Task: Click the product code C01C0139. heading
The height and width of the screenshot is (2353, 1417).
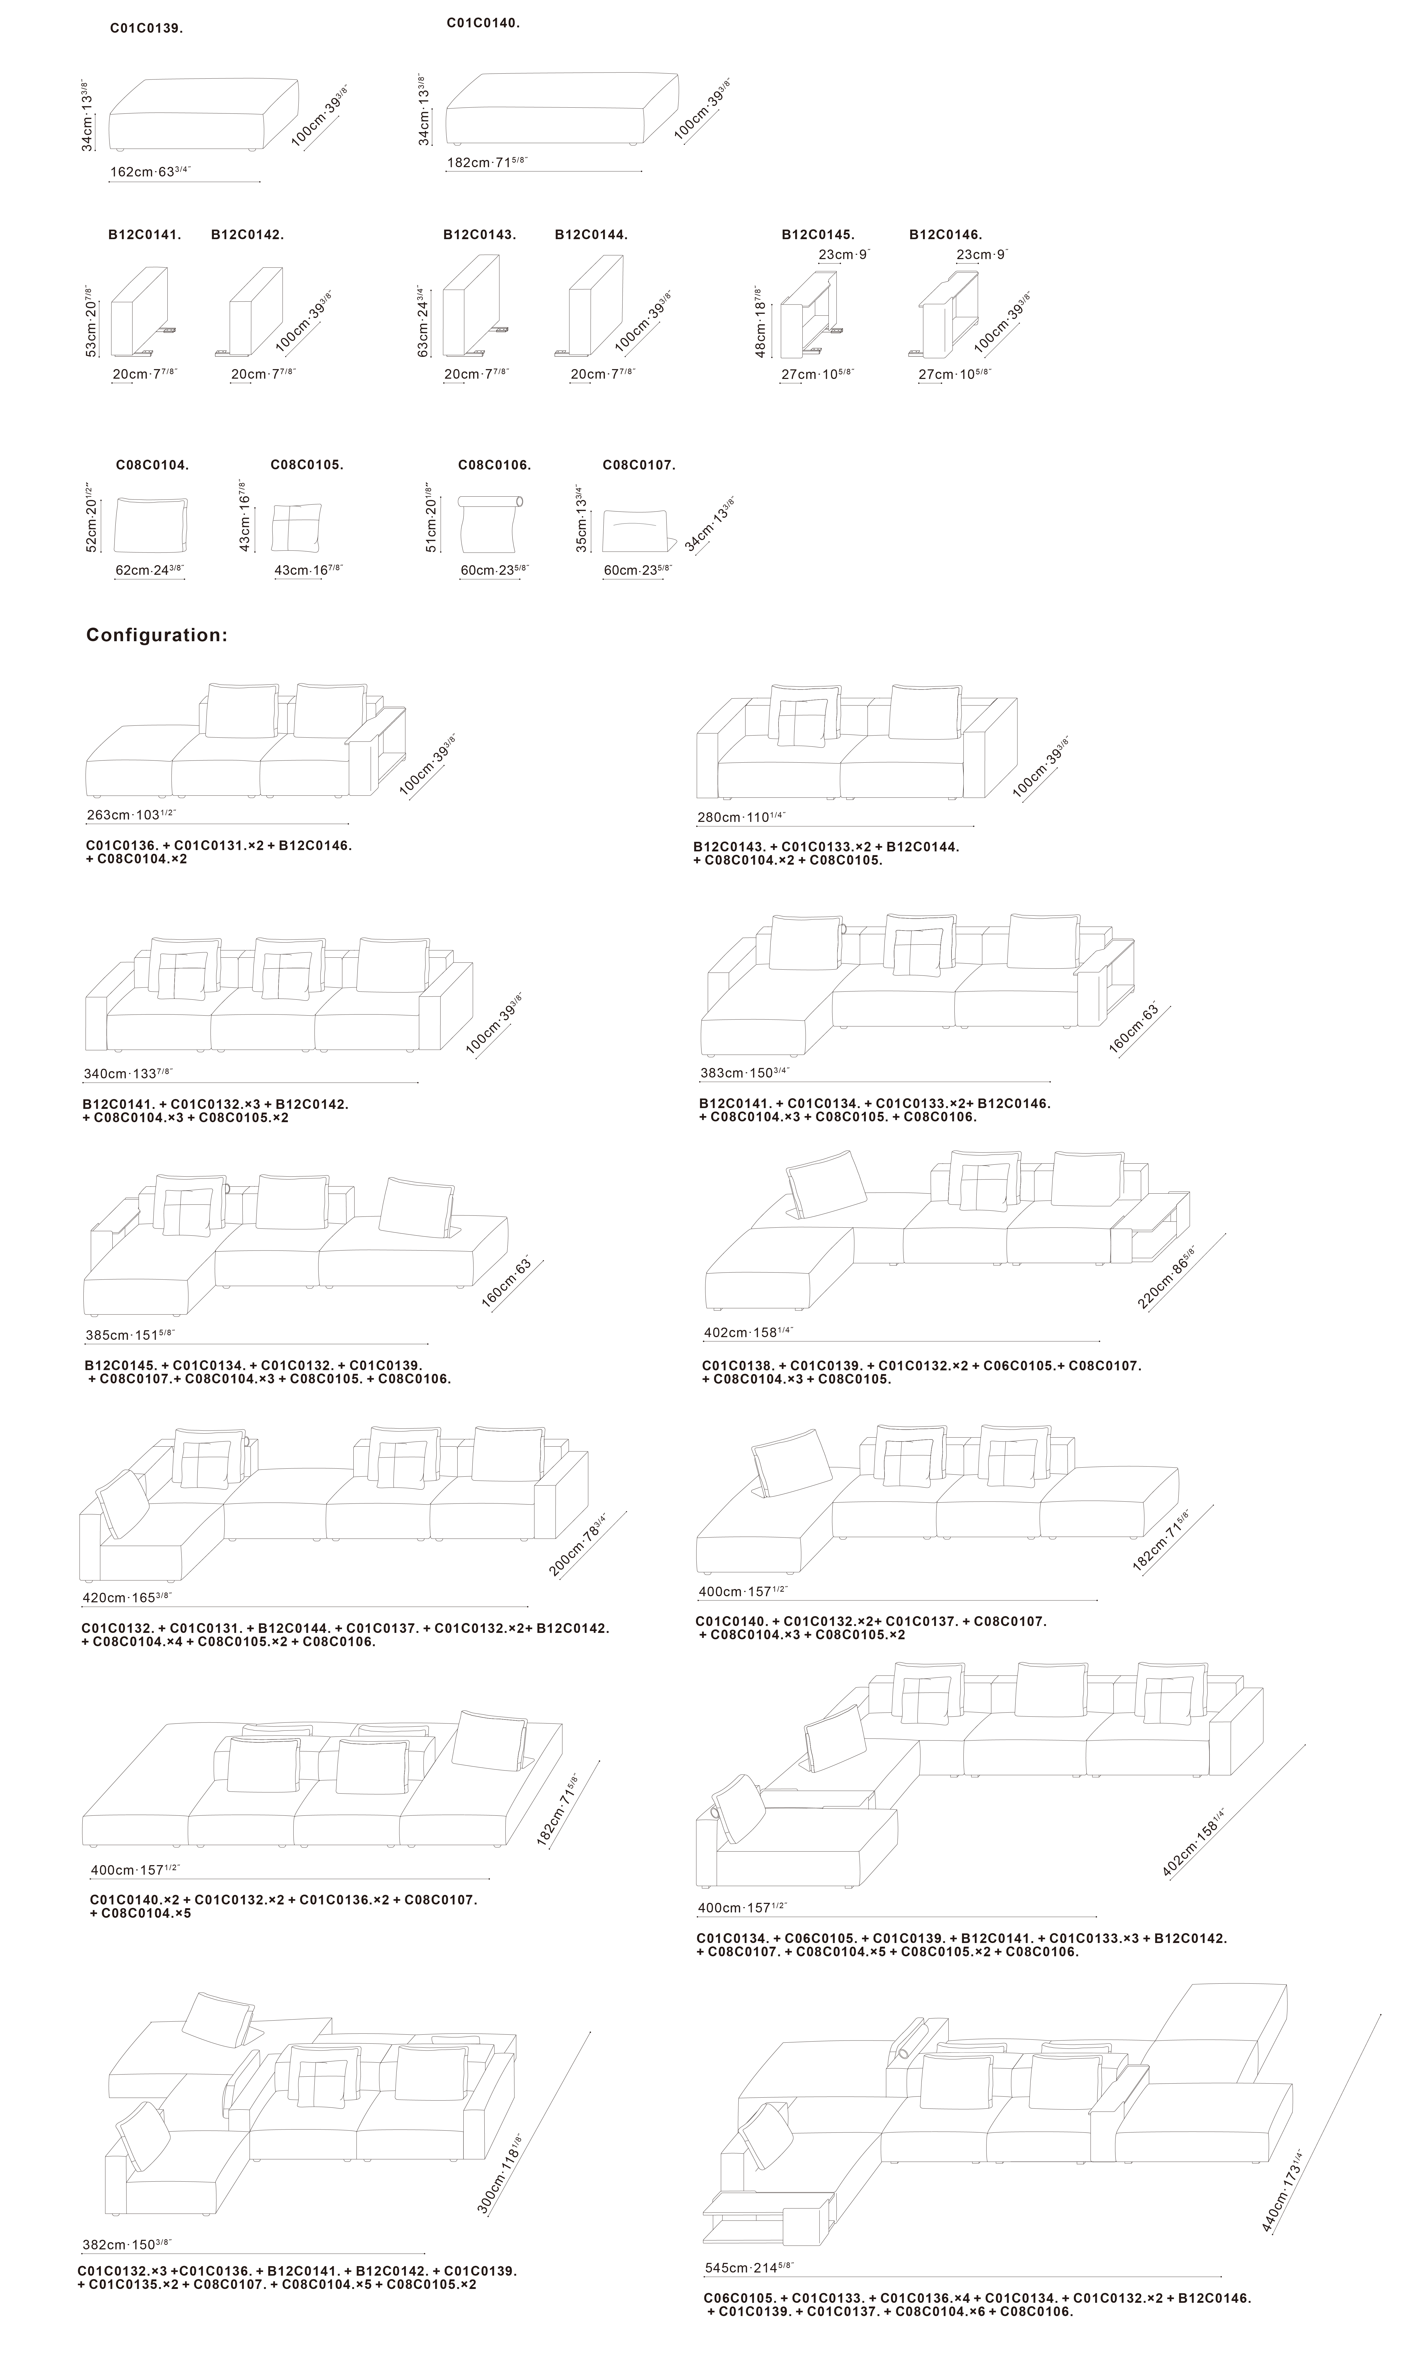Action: (146, 29)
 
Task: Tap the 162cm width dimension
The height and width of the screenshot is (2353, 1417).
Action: (150, 172)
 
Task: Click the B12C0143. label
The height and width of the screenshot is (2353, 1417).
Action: (479, 234)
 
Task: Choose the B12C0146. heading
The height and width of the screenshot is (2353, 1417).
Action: (945, 234)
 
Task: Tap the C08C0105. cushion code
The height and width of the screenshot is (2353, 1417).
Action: (307, 465)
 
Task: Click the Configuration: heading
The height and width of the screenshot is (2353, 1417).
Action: (156, 635)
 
